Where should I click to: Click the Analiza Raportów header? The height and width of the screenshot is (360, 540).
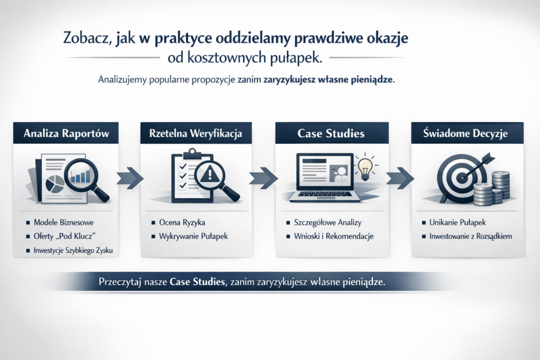(66, 133)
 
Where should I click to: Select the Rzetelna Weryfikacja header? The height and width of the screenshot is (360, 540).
(196, 133)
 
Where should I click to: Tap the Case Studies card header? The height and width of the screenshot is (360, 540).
(332, 133)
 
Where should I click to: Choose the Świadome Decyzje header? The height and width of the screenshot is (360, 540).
(467, 133)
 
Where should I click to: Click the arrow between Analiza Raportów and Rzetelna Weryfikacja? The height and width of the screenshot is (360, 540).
(130, 178)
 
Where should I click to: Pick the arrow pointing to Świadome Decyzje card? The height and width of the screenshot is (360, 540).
(400, 178)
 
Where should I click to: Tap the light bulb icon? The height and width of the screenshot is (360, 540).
(365, 168)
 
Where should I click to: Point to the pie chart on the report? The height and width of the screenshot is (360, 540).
(55, 184)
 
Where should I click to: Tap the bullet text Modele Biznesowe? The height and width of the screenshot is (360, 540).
(63, 222)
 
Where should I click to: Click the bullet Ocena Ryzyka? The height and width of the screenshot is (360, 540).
(182, 222)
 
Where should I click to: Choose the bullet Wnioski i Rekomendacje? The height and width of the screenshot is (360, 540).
(333, 236)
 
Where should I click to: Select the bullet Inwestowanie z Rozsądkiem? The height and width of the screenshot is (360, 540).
(470, 236)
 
